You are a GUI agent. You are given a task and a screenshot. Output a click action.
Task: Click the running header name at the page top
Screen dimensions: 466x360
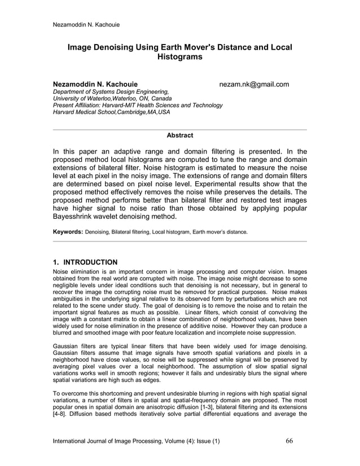coord(85,24)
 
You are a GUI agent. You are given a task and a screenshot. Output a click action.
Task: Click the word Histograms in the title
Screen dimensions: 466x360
coord(179,58)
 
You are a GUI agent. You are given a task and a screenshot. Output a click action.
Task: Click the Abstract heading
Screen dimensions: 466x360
coord(179,135)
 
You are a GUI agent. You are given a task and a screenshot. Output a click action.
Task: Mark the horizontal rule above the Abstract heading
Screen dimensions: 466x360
coord(179,130)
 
